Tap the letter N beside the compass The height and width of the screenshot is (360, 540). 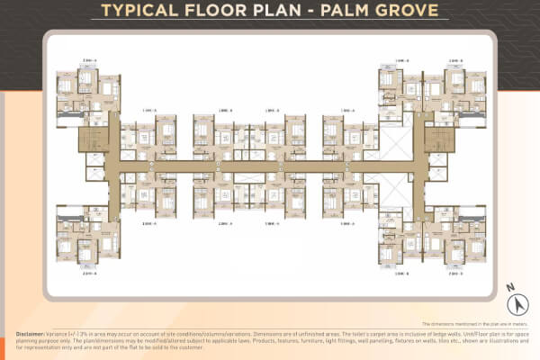click(x=509, y=289)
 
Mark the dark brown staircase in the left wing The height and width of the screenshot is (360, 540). click(x=92, y=139)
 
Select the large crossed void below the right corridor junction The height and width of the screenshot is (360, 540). click(x=393, y=194)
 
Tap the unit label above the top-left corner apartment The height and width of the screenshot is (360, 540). click(x=64, y=61)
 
